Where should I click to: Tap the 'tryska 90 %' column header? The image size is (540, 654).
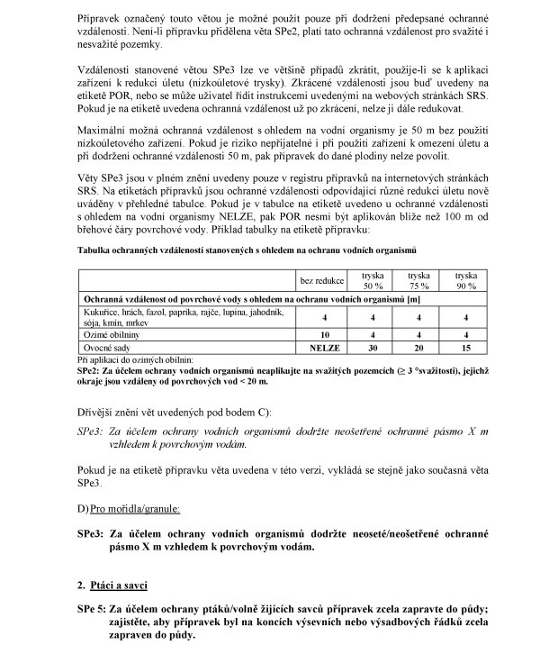[x=465, y=279]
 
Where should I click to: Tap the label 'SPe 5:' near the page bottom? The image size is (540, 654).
[x=93, y=611]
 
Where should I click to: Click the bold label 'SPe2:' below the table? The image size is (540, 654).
[x=87, y=369]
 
